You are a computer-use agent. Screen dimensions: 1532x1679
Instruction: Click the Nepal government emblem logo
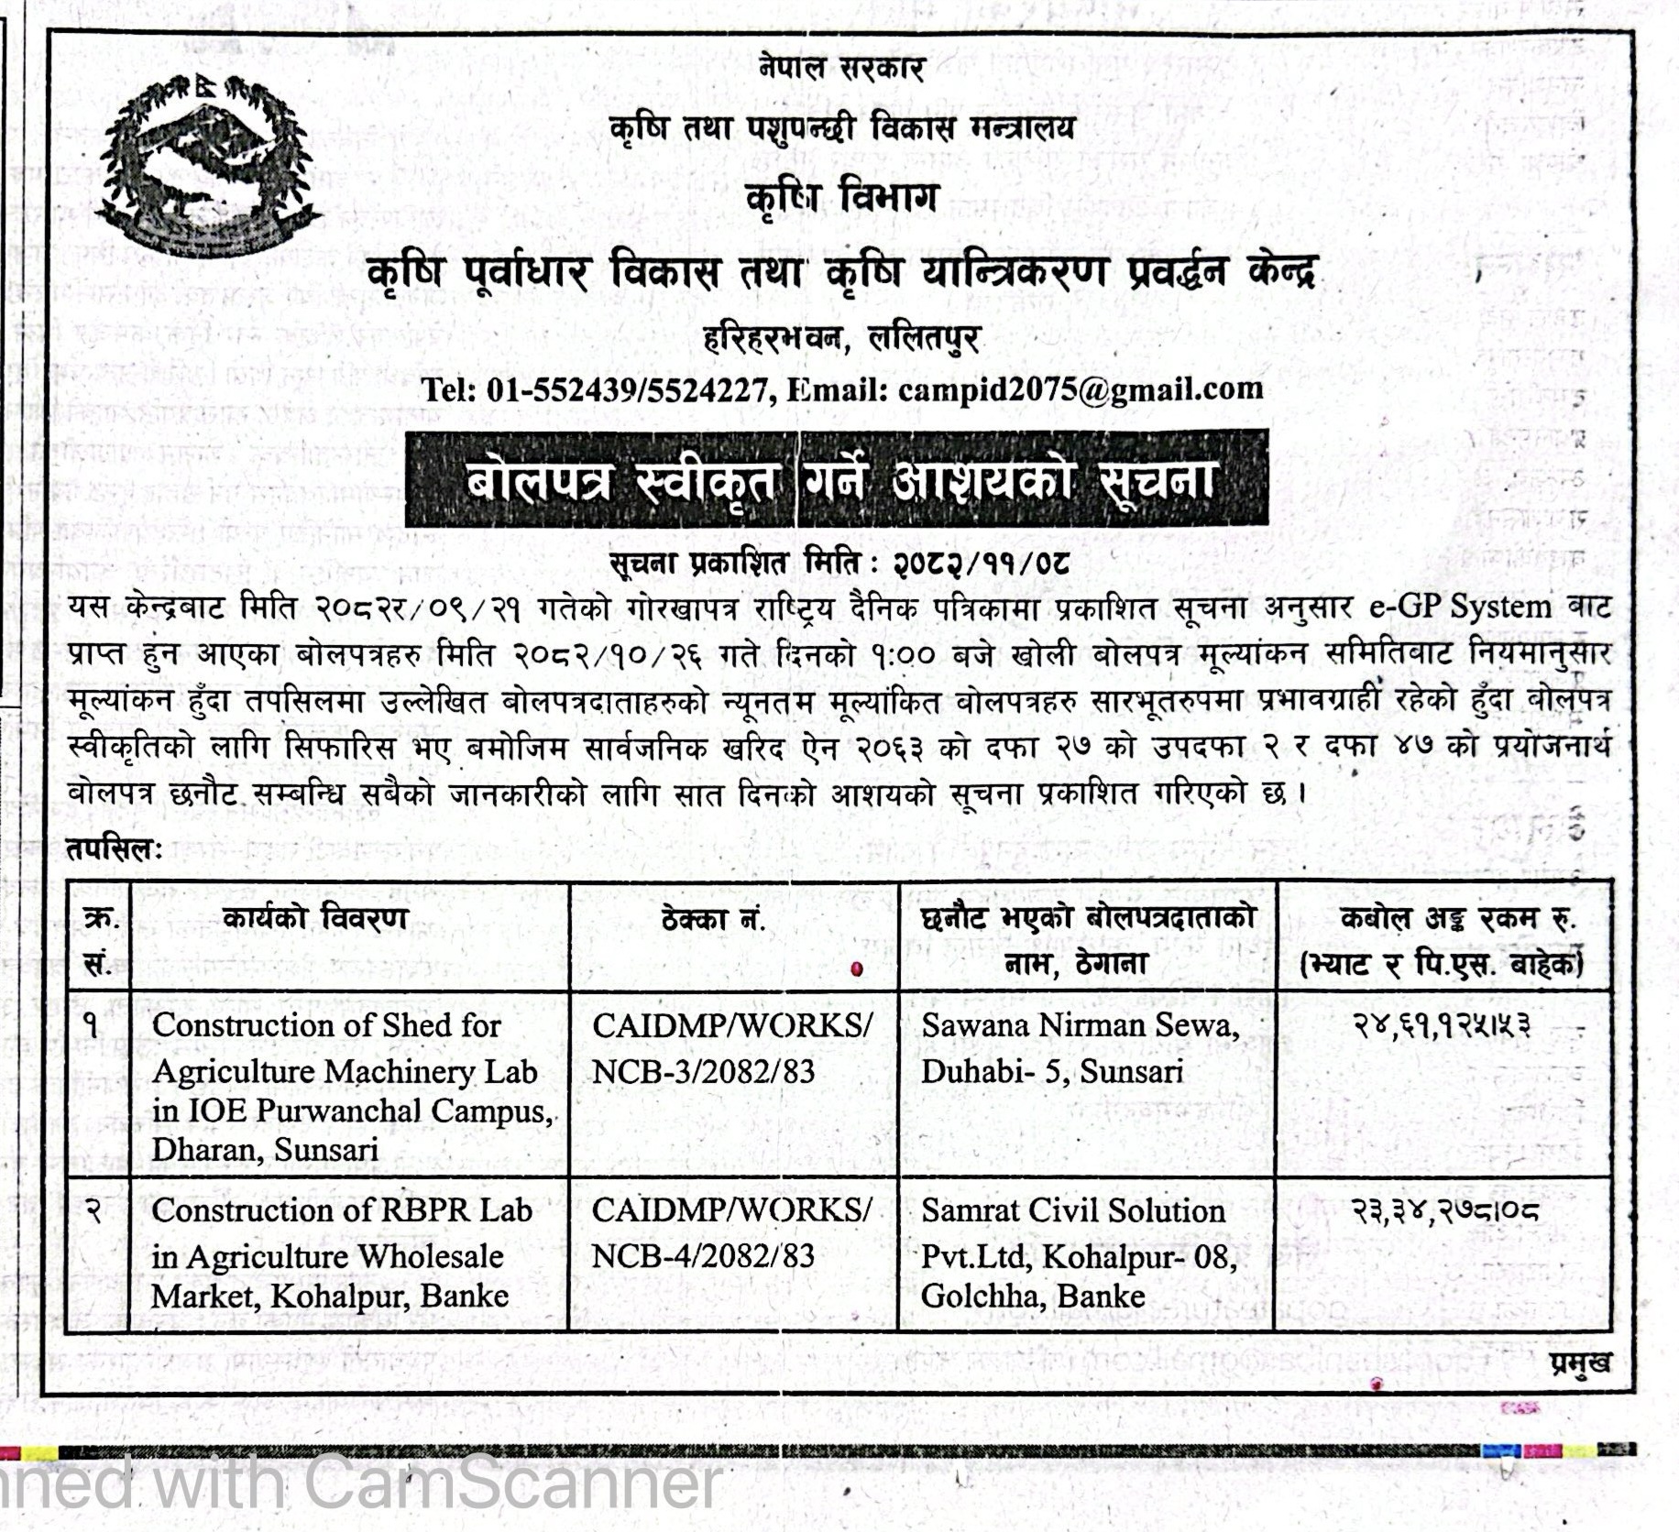coord(209,162)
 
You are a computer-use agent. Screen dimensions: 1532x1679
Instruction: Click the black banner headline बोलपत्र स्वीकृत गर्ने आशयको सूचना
coord(838,479)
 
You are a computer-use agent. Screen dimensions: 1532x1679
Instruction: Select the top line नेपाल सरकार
coord(841,68)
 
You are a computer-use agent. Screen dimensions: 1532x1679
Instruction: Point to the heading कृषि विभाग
coord(841,197)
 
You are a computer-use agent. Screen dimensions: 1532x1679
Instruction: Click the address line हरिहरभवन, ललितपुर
coord(841,339)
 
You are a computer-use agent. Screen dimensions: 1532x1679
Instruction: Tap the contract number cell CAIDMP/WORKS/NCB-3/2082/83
coord(731,1047)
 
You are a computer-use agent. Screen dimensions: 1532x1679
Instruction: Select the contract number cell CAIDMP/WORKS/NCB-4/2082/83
coord(731,1232)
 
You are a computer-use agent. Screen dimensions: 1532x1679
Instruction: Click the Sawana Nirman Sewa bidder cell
coord(1080,1047)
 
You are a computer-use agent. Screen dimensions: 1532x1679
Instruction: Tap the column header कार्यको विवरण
coord(314,918)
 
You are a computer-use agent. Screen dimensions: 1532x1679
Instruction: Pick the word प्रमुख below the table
coord(1580,1362)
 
